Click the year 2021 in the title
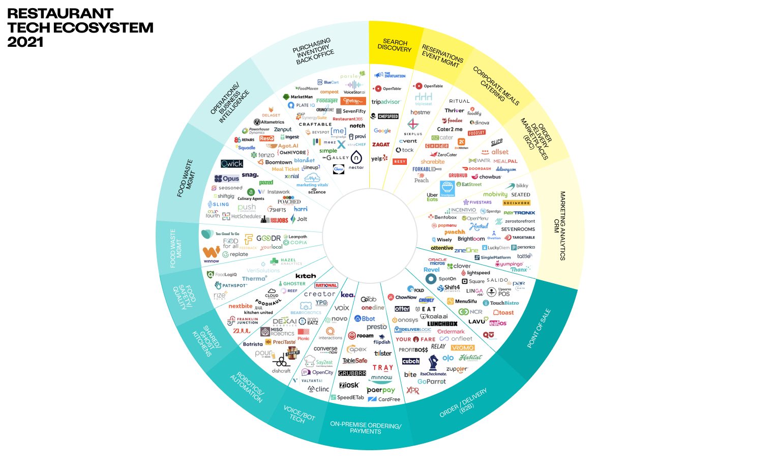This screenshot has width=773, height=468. tap(25, 42)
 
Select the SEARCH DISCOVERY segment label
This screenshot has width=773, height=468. tap(395, 45)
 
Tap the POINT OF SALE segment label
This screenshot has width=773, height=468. tap(539, 328)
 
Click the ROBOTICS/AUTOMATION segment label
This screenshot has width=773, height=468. tap(247, 387)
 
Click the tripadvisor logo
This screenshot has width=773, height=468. tap(385, 102)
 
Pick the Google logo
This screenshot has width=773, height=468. tap(382, 131)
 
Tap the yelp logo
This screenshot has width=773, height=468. tap(379, 159)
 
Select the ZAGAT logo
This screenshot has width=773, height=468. tap(380, 144)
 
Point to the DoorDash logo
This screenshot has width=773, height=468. tap(477, 169)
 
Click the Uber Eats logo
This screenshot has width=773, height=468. tap(432, 197)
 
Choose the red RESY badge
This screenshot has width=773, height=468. tap(400, 162)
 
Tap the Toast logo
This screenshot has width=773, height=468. tap(503, 313)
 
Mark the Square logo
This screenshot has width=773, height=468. tap(473, 281)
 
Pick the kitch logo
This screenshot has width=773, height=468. tap(306, 276)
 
